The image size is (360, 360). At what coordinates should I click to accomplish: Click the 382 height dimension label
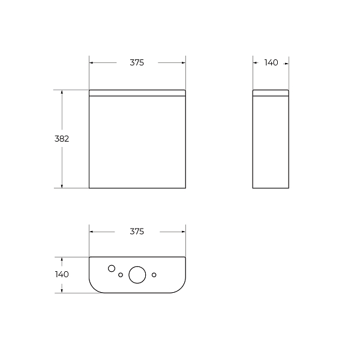tap(62, 139)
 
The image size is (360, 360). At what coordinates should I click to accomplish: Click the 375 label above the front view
tap(137, 62)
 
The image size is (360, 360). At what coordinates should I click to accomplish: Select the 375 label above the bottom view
tap(137, 232)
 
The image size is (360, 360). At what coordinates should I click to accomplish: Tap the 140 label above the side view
tap(271, 62)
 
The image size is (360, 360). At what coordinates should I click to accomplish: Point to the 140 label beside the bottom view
tap(62, 274)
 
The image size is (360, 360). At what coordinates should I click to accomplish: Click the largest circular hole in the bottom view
tap(137, 275)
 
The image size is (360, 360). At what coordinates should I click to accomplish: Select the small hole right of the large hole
tap(154, 275)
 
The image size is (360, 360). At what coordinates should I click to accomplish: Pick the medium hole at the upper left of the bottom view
tap(112, 268)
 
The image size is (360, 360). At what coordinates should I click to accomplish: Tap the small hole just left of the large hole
tap(121, 275)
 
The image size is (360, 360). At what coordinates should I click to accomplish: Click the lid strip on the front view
tap(137, 93)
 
